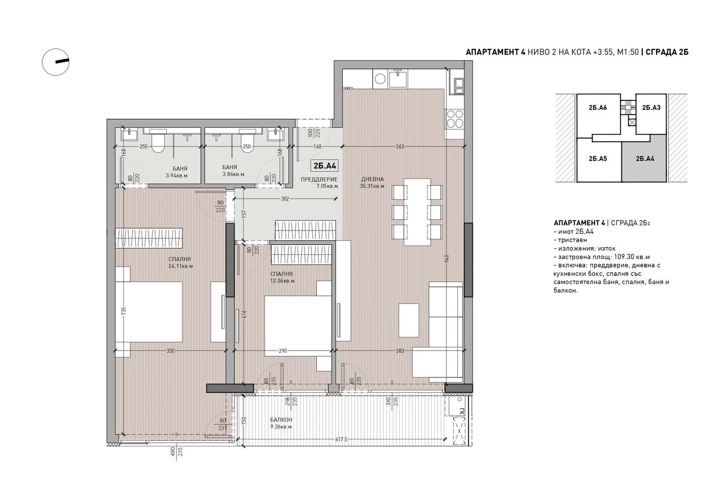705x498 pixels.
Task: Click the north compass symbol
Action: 56,62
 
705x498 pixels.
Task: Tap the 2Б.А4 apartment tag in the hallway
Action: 325,166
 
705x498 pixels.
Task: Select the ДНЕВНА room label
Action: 372,179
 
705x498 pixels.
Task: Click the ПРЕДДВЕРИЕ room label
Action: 319,179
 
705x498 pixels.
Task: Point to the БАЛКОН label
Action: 281,420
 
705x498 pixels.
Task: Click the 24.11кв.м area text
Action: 180,266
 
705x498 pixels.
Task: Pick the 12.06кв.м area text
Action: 282,281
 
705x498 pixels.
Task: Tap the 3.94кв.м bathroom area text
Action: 177,176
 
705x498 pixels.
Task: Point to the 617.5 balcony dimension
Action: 341,439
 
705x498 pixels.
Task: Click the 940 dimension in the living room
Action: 447,259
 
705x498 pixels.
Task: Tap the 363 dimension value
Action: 399,146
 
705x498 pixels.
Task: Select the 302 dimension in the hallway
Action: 285,199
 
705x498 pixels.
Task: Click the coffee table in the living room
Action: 409,320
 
